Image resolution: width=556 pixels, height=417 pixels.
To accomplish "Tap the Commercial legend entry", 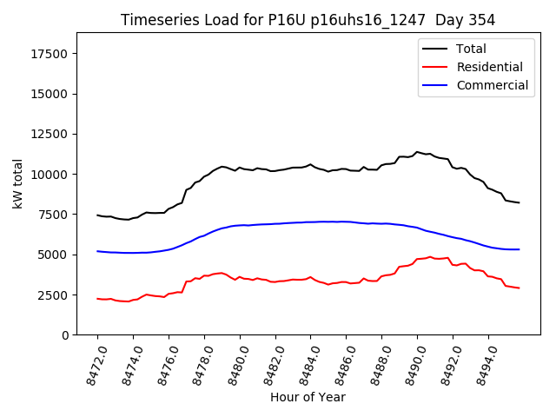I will coord(492,85).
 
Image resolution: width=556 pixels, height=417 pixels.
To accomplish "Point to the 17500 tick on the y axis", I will coord(49,54).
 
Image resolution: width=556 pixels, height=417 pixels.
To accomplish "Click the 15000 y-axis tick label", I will coord(49,94).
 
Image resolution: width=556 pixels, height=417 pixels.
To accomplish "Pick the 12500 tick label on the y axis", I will coord(49,134).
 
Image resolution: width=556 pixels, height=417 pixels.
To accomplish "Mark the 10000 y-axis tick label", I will coord(49,175).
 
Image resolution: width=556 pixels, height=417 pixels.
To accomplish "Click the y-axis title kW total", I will coord(17,183).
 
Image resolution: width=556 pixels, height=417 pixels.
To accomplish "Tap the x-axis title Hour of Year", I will coord(308,397).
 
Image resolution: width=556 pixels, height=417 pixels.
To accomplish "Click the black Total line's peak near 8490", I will coord(417,152).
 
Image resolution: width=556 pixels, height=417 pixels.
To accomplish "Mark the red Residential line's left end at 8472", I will coord(97,299).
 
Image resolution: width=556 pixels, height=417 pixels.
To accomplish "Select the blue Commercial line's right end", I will coord(519,249).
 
